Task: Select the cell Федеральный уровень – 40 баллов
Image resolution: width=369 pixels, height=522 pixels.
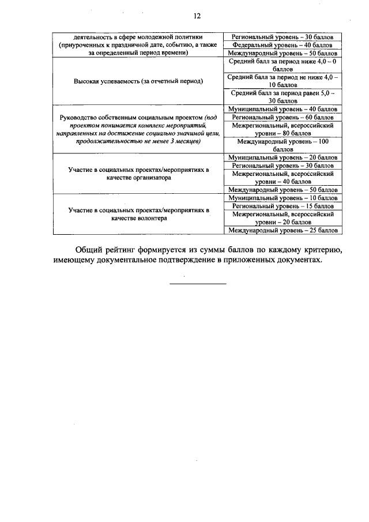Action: tap(283, 44)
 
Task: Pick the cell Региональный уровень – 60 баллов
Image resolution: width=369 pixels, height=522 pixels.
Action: tap(283, 117)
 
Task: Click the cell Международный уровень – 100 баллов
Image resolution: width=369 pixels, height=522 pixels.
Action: tap(283, 145)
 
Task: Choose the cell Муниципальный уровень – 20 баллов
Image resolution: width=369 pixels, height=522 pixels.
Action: tap(283, 157)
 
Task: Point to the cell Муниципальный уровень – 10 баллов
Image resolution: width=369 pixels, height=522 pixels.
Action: tap(283, 198)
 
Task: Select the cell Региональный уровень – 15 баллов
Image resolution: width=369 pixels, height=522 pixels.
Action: tap(283, 206)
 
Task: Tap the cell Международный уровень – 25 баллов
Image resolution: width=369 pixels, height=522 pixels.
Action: tap(283, 230)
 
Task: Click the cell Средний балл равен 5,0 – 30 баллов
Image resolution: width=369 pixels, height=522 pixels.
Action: tap(283, 96)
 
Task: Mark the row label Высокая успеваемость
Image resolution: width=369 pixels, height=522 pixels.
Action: tap(138, 81)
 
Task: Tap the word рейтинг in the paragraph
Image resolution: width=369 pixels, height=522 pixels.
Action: tap(129, 250)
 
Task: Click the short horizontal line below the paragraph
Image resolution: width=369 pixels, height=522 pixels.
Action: tap(198, 283)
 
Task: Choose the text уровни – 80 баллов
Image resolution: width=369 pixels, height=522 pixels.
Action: tap(283, 133)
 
